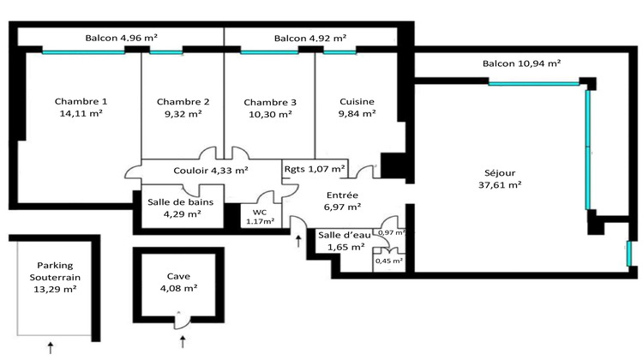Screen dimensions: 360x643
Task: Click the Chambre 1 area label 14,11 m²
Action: tap(81, 113)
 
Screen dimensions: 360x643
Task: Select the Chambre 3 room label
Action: tap(268, 101)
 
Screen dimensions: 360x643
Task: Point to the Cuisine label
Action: tap(357, 101)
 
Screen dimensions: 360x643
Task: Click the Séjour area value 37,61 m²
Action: tap(502, 183)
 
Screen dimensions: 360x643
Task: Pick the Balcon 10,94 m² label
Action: tap(521, 63)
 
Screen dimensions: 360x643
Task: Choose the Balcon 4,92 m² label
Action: tap(310, 38)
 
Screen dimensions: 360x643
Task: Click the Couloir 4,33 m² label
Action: tap(211, 170)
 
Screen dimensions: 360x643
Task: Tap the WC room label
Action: tap(260, 211)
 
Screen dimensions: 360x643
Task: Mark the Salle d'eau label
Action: tap(340, 235)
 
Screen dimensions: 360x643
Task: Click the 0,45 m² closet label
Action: tap(390, 261)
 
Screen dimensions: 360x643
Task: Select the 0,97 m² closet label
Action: tap(391, 232)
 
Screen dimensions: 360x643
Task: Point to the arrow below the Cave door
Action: tap(183, 344)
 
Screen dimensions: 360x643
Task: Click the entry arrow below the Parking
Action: tap(51, 347)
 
